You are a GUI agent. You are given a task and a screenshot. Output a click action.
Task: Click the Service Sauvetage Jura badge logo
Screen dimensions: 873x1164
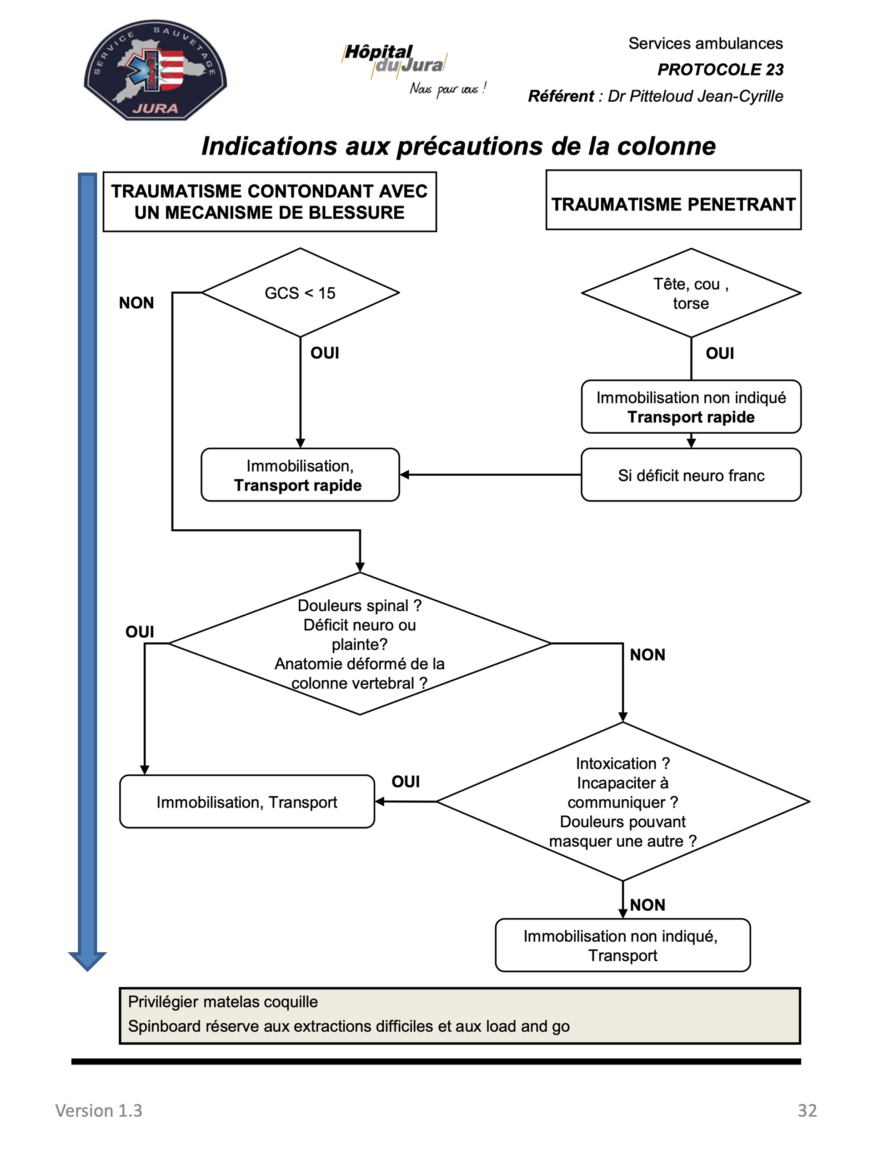pyautogui.click(x=155, y=70)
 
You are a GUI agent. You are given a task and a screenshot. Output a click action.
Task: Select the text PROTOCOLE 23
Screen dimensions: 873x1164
pyautogui.click(x=720, y=70)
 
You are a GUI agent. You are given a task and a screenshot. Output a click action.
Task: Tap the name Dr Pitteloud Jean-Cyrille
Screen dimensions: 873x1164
pyautogui.click(x=695, y=96)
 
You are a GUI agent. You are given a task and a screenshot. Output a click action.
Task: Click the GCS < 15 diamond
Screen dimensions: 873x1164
pyautogui.click(x=301, y=292)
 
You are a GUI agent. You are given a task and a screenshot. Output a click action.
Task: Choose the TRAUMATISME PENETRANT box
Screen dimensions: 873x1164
pyautogui.click(x=673, y=200)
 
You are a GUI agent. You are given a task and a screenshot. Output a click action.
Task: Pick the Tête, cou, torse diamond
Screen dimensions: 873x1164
pyautogui.click(x=691, y=293)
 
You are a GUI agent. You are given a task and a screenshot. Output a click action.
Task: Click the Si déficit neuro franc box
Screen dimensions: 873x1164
pyautogui.click(x=691, y=475)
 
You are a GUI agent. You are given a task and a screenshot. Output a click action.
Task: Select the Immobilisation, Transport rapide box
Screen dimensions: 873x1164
pyautogui.click(x=301, y=475)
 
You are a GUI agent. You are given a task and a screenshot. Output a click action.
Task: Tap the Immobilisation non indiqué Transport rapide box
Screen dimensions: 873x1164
pyautogui.click(x=691, y=407)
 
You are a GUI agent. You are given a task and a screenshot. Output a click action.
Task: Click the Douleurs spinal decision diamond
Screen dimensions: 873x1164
pyautogui.click(x=360, y=643)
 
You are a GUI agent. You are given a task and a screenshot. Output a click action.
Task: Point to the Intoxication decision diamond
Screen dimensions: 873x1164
pyautogui.click(x=623, y=802)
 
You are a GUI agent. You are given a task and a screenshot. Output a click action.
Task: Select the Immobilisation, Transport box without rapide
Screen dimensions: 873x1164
pyautogui.click(x=247, y=802)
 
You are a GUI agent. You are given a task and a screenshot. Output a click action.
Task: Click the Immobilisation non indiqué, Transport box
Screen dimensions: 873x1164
pyautogui.click(x=623, y=945)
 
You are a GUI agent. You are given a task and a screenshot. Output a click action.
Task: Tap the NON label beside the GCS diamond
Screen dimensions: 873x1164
pyautogui.click(x=136, y=303)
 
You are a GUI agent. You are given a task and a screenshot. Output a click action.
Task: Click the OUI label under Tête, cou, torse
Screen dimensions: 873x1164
pyautogui.click(x=720, y=353)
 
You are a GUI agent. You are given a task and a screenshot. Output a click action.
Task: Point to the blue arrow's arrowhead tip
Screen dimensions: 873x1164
pyautogui.click(x=87, y=971)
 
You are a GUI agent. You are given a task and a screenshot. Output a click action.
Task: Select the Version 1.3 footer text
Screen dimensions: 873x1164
pyautogui.click(x=99, y=1110)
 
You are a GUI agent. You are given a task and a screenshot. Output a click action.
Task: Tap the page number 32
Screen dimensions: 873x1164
pyautogui.click(x=807, y=1110)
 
